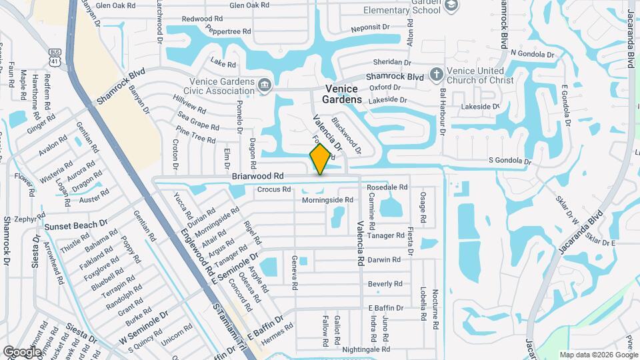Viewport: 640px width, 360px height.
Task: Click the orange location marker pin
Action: [x=321, y=159]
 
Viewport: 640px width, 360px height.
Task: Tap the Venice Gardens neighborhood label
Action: [x=344, y=94]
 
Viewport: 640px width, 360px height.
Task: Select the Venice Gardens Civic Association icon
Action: [x=265, y=84]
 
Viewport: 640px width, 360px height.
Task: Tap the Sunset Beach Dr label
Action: [x=76, y=226]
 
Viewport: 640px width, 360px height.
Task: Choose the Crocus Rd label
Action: [x=273, y=189]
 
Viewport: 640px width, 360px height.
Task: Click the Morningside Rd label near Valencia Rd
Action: [x=327, y=200]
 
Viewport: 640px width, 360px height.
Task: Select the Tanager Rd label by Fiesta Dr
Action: [x=386, y=235]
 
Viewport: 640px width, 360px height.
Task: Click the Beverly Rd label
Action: [x=385, y=284]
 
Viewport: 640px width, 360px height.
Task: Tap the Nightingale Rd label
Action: [x=366, y=349]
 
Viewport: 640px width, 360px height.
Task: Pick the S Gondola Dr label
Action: [x=510, y=161]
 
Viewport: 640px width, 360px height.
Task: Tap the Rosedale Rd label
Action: [x=388, y=188]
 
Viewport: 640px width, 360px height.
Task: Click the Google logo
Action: [x=23, y=351]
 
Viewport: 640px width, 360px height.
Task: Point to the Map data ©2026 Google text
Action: [x=597, y=355]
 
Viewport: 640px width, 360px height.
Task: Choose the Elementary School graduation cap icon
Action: [x=452, y=5]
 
